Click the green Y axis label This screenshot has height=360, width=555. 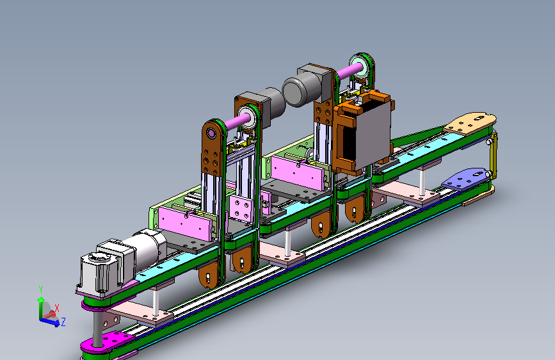[41, 290]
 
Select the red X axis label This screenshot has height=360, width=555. [56, 308]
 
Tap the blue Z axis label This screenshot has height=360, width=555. [63, 322]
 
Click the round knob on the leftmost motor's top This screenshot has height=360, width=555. [97, 258]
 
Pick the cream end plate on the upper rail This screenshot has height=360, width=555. [471, 122]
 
